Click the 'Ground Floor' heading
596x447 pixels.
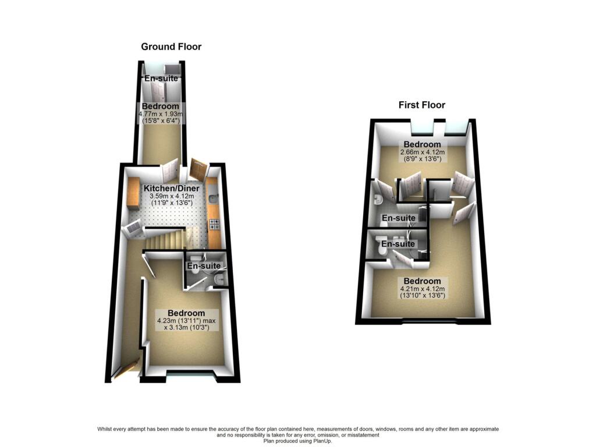(171, 47)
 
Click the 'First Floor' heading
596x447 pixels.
(421, 105)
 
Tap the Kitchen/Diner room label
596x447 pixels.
(172, 189)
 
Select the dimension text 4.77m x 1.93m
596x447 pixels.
(161, 115)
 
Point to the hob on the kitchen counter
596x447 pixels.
(214, 223)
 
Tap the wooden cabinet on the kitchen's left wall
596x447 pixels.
(131, 194)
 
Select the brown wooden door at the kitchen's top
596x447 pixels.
(197, 170)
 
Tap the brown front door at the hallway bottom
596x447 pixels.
(126, 371)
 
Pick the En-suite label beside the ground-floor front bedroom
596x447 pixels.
(203, 267)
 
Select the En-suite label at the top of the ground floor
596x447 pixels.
(161, 79)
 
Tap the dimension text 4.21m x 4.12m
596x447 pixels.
(423, 289)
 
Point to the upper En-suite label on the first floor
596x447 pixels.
(398, 218)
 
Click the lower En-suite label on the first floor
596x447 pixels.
(398, 244)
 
